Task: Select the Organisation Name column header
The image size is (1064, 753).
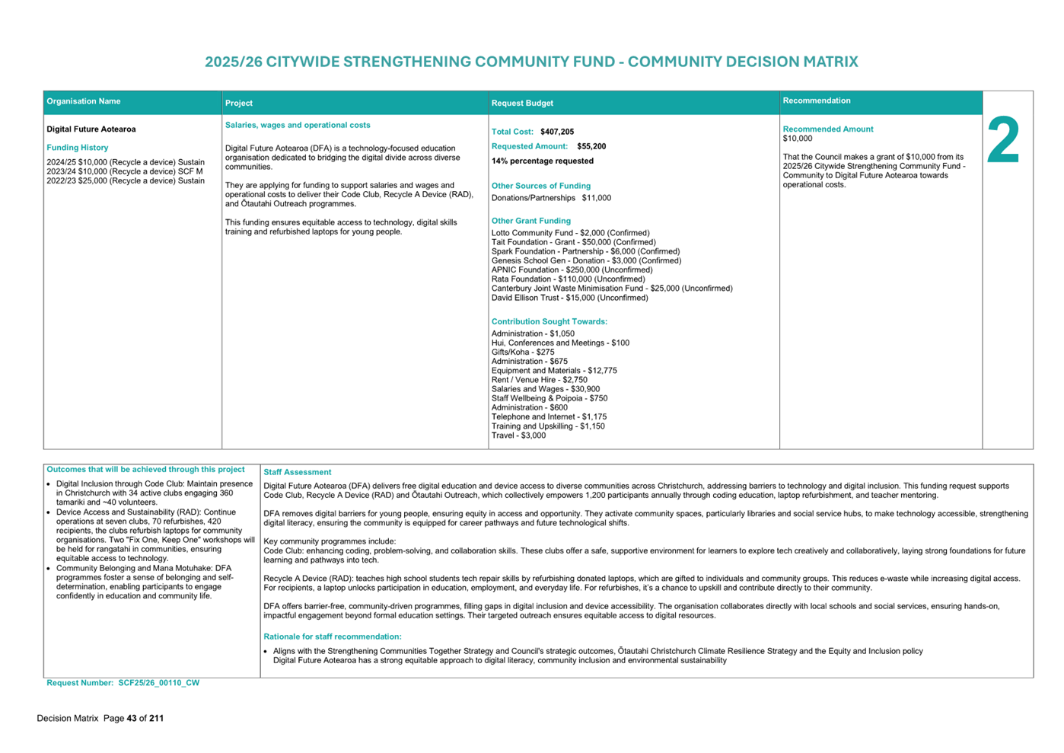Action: pyautogui.click(x=84, y=101)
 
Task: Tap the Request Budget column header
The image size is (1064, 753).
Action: pyautogui.click(x=522, y=103)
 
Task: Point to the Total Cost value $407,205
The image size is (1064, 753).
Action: pyautogui.click(x=557, y=132)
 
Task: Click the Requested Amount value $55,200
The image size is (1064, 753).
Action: pyautogui.click(x=591, y=146)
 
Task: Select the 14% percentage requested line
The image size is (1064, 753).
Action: pyautogui.click(x=542, y=161)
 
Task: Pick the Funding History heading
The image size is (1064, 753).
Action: pyautogui.click(x=78, y=148)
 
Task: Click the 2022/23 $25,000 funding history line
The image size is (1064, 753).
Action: pyautogui.click(x=126, y=181)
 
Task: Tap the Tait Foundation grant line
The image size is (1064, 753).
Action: pyautogui.click(x=573, y=242)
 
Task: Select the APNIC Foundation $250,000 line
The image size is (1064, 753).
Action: pyautogui.click(x=572, y=270)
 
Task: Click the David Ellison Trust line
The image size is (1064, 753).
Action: pyautogui.click(x=569, y=298)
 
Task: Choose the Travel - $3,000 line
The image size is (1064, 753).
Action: pyautogui.click(x=518, y=436)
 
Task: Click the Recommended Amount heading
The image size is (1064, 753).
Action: pyautogui.click(x=828, y=129)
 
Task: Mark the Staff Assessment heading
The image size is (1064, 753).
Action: pyautogui.click(x=298, y=472)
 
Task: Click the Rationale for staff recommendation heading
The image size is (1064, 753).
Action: pyautogui.click(x=333, y=637)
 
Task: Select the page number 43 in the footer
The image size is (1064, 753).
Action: pyautogui.click(x=132, y=718)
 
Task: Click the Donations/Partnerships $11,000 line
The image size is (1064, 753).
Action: pyautogui.click(x=551, y=198)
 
